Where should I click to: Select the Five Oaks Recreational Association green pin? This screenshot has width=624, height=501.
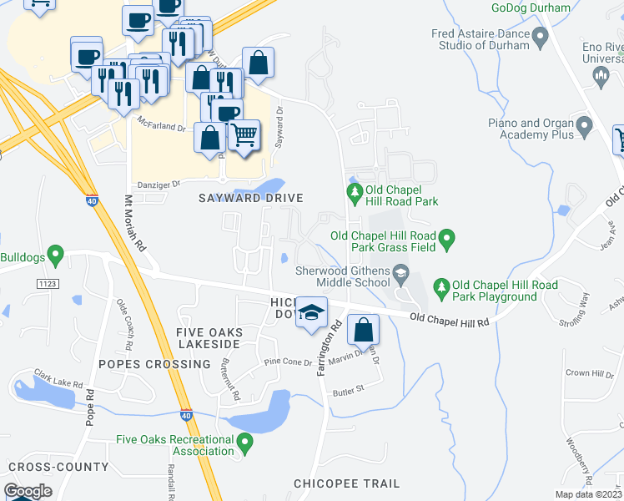click(x=244, y=441)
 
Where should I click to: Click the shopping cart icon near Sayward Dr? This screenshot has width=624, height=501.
click(x=244, y=135)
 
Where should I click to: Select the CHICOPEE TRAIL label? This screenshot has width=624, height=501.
click(x=346, y=483)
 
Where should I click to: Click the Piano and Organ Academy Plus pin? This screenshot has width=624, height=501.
click(x=584, y=128)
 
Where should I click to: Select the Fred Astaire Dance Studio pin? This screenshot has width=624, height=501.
click(x=540, y=38)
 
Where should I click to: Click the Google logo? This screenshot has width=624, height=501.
click(x=28, y=491)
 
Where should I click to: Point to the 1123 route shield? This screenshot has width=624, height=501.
click(x=47, y=285)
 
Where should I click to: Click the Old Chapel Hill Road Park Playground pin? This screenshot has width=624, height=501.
click(x=441, y=290)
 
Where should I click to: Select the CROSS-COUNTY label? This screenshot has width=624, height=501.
click(x=58, y=467)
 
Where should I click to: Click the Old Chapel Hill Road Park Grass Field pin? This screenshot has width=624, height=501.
click(x=446, y=240)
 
